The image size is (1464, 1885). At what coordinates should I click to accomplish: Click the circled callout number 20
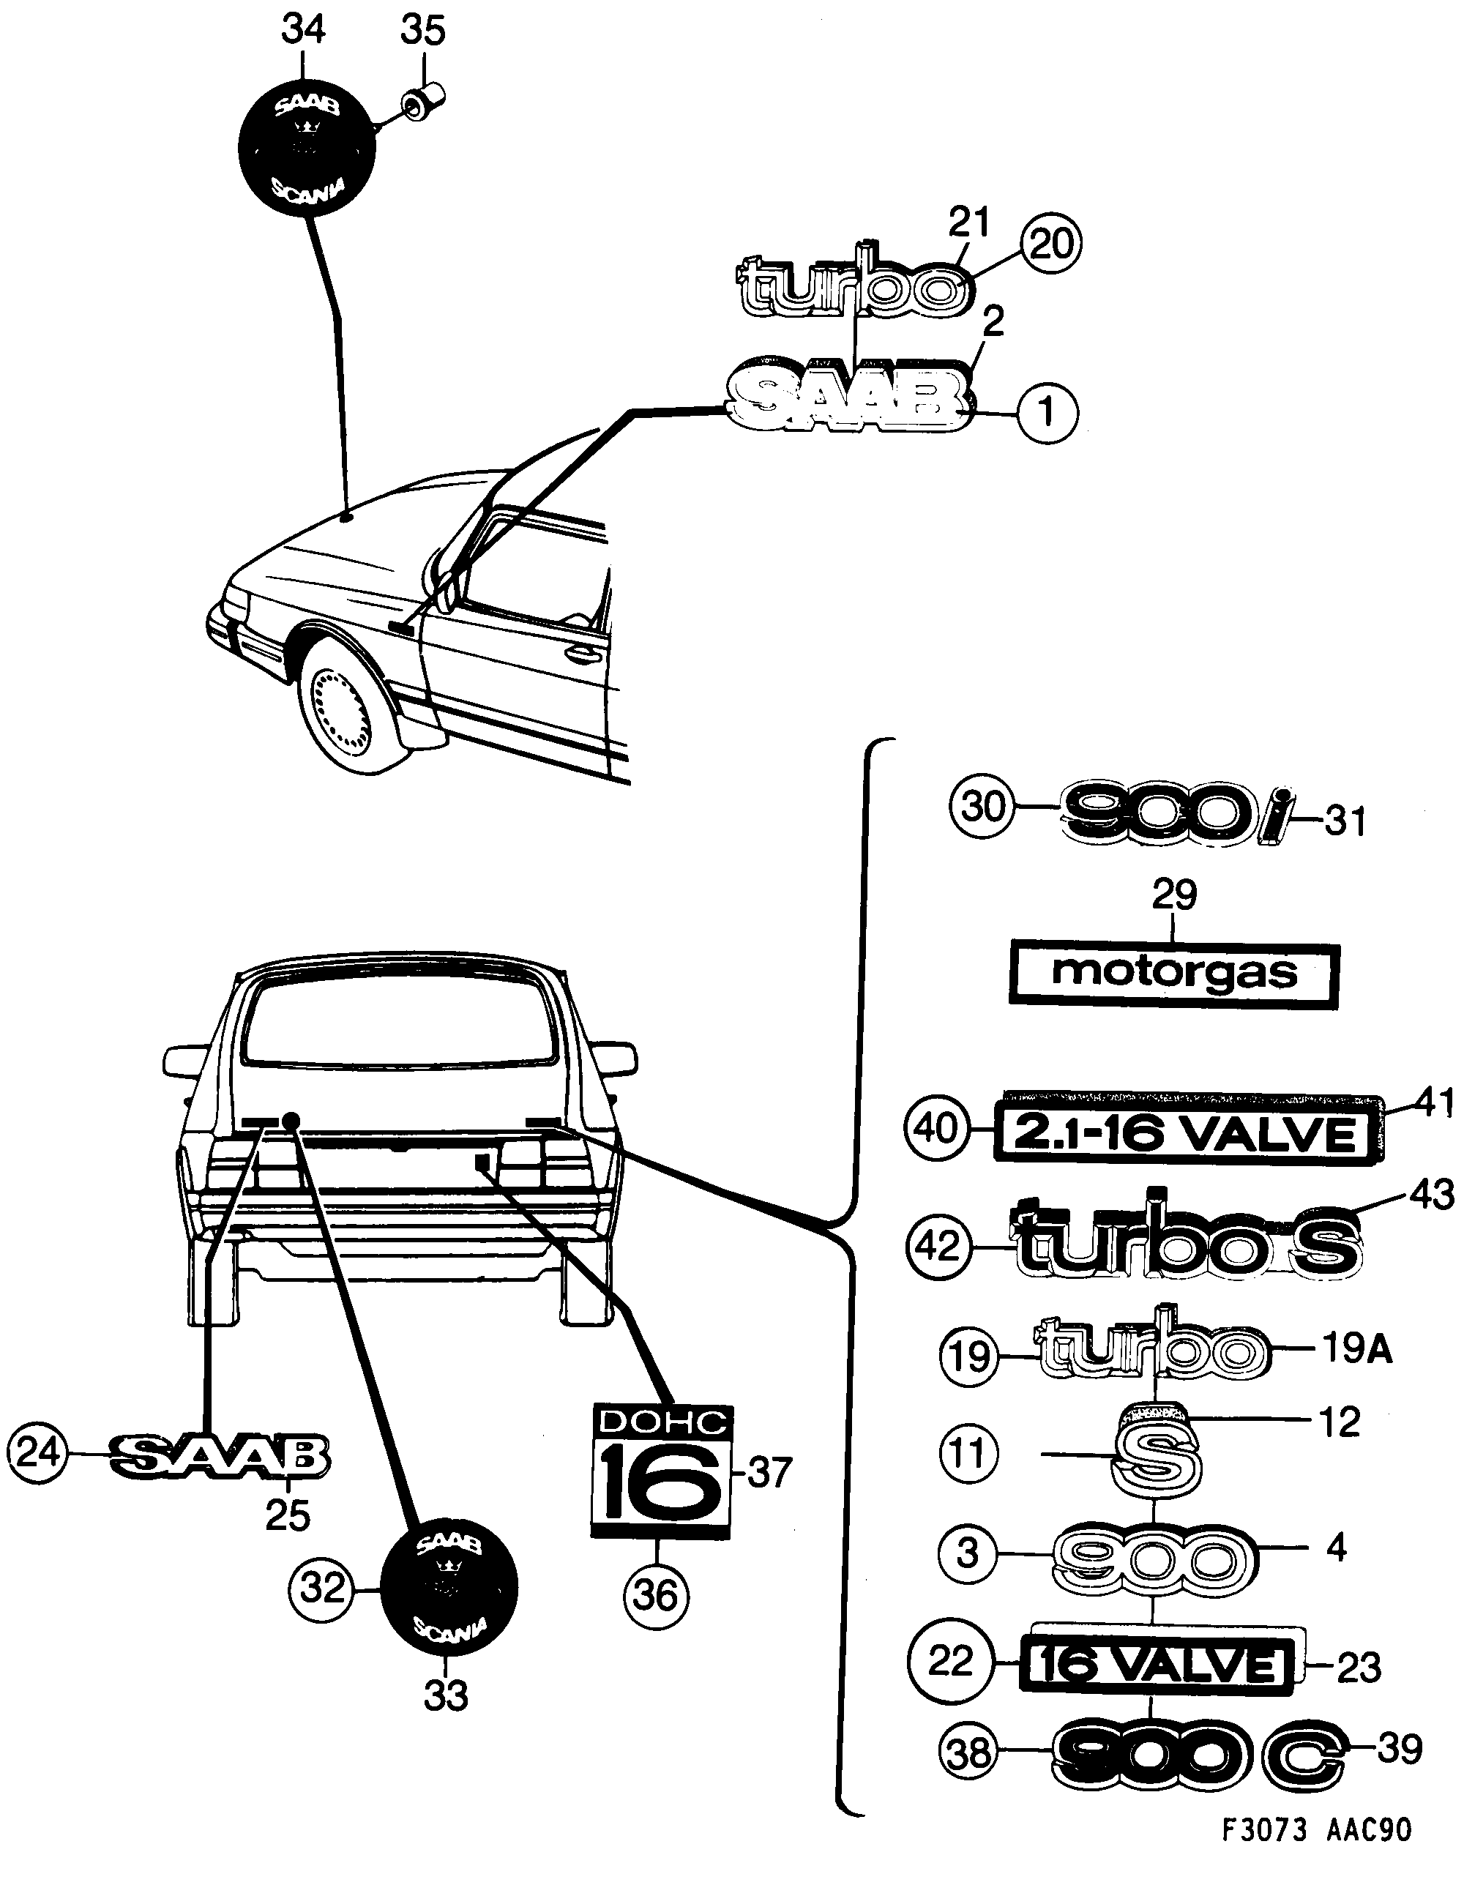coord(1050,245)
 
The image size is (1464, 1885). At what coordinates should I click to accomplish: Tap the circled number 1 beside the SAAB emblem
coord(1047,414)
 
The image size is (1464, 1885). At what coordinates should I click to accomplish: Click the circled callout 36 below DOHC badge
coord(655,1594)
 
